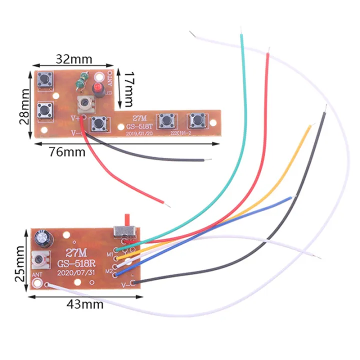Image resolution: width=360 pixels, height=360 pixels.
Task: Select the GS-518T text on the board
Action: (136, 126)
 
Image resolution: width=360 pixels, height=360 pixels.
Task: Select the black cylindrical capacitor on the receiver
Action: (41, 240)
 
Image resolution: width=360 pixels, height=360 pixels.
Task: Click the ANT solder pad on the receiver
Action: (36, 284)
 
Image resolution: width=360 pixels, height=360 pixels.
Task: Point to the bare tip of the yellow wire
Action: (309, 124)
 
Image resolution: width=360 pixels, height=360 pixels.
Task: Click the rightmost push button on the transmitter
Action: (196, 120)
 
